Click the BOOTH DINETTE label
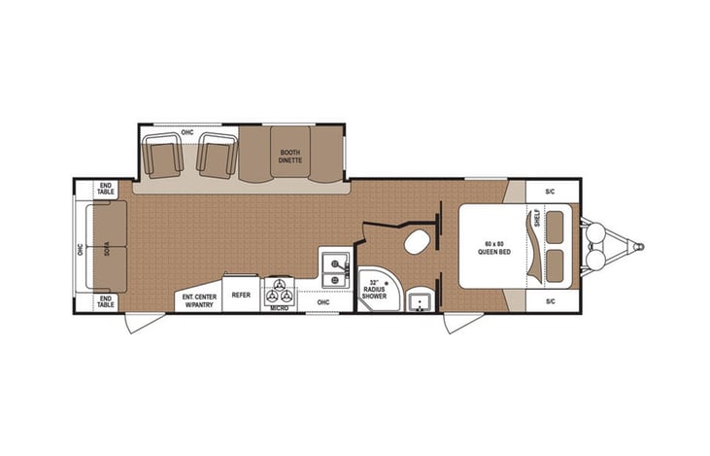[290, 157]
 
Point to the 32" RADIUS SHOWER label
[374, 289]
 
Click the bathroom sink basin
[421, 300]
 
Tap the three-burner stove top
[280, 290]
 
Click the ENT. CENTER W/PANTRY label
[198, 300]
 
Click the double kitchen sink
[334, 269]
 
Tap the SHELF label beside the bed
[536, 220]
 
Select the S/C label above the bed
[550, 191]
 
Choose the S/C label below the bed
[550, 301]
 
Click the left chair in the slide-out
[162, 156]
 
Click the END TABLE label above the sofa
[106, 190]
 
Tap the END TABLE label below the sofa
[106, 301]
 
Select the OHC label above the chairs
[188, 131]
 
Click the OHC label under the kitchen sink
[322, 301]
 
